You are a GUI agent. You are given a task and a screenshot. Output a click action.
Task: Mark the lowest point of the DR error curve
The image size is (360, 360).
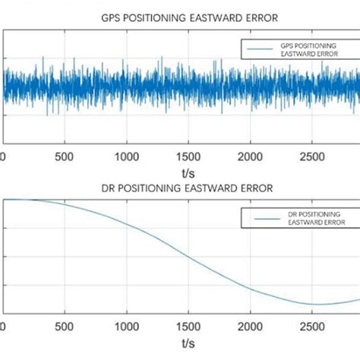pos(313,304)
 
